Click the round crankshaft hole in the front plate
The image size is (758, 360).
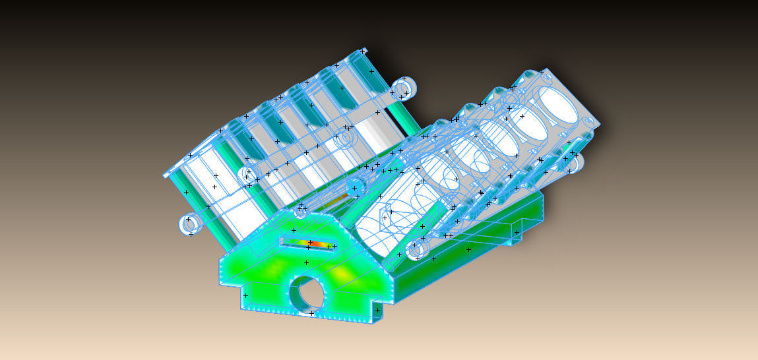(307, 293)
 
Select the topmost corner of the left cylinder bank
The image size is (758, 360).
(363, 49)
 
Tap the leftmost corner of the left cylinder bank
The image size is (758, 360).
(164, 176)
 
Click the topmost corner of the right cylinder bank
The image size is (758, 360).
(542, 69)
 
